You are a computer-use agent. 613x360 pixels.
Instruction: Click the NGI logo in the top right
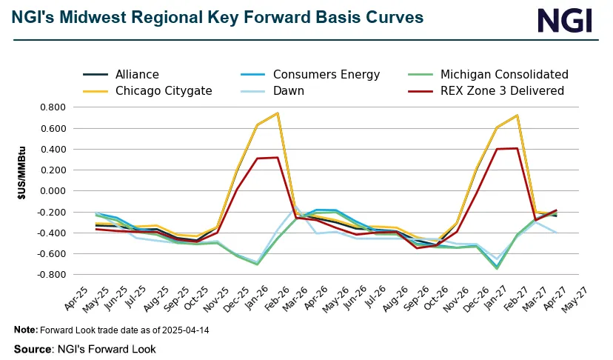565,20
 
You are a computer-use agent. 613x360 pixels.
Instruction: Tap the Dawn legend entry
288,91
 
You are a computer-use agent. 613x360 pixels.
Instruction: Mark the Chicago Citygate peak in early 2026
277,113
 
